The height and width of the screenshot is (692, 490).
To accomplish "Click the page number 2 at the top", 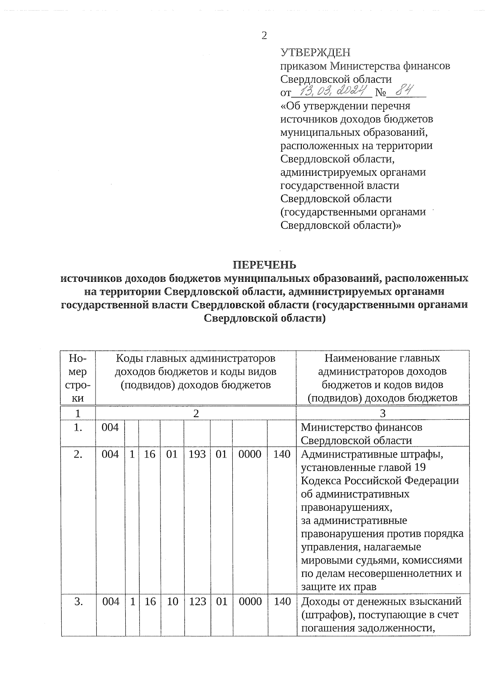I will click(x=264, y=36).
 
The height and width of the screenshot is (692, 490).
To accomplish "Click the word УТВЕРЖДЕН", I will click(x=315, y=53).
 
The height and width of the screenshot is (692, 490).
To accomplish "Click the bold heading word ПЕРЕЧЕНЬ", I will click(x=264, y=265).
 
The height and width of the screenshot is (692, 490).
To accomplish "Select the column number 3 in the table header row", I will click(x=383, y=413).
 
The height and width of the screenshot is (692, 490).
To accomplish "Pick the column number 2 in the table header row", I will click(x=196, y=413).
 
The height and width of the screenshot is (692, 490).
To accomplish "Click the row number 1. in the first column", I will click(x=78, y=427).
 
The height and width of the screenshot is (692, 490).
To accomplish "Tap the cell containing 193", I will click(x=197, y=454).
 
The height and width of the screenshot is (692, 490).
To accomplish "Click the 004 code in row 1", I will click(x=110, y=427).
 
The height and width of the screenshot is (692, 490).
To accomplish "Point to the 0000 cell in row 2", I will click(x=249, y=454).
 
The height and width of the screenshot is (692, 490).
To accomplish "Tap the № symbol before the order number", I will click(x=380, y=93).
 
